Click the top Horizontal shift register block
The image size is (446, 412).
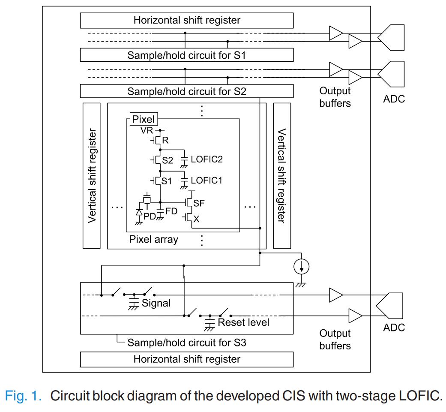(187, 20)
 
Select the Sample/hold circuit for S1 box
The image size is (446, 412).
(187, 55)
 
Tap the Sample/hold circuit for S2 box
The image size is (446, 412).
(187, 91)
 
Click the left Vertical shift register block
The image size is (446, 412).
(91, 175)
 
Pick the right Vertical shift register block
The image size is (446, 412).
(281, 175)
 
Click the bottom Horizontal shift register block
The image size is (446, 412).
(187, 359)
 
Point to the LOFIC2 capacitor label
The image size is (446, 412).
(207, 159)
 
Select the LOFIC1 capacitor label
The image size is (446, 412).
(207, 180)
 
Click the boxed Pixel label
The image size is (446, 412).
(143, 119)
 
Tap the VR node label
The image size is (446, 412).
(147, 130)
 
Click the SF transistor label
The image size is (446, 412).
(199, 203)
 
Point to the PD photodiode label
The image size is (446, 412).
(149, 217)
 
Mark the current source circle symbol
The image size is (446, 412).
(302, 267)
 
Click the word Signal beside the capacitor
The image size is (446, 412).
(156, 303)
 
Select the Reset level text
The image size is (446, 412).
(243, 322)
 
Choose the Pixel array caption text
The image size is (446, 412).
(153, 239)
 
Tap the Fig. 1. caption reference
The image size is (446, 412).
(24, 396)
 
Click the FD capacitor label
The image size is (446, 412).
(171, 212)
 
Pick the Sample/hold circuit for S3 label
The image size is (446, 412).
(186, 343)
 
